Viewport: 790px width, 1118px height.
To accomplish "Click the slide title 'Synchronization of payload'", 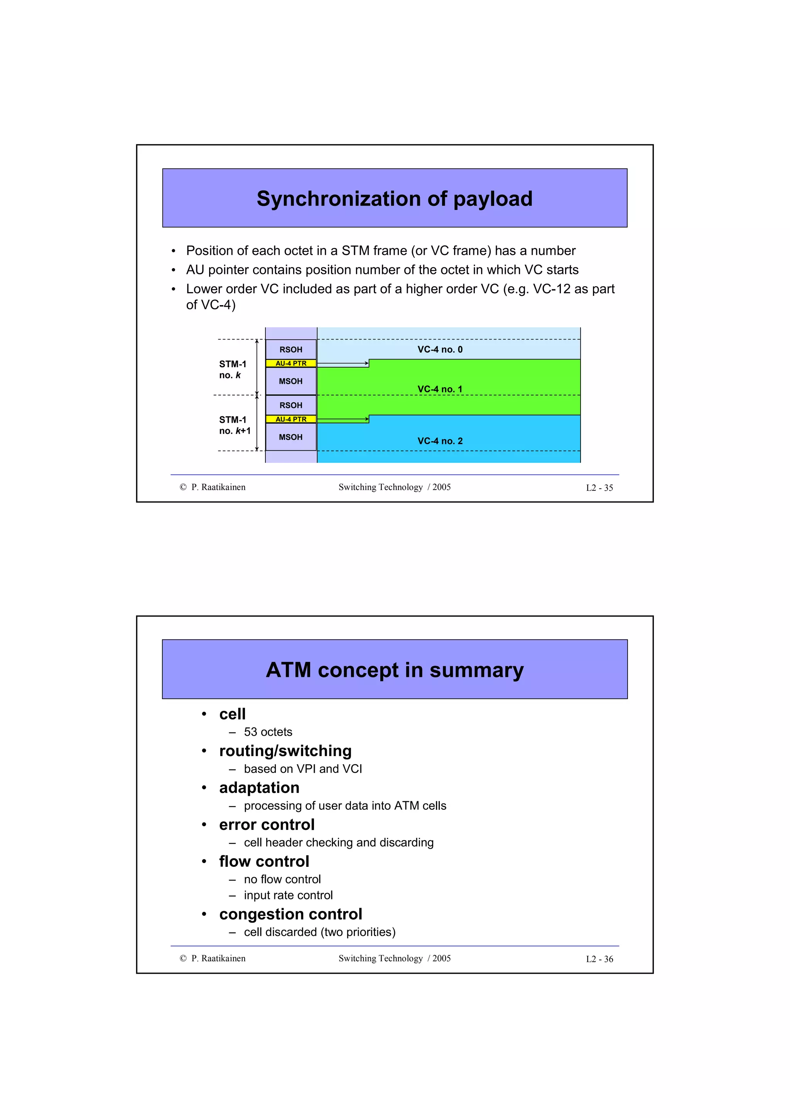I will click(394, 199).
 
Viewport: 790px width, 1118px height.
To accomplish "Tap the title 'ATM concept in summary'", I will click(394, 670).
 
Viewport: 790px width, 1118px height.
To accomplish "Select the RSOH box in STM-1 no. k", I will click(290, 350).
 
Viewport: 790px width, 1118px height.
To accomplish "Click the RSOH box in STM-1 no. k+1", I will click(290, 405).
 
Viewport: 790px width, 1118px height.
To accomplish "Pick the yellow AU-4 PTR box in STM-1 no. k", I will click(290, 363).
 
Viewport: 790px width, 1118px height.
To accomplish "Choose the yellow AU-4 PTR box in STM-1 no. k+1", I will click(290, 419).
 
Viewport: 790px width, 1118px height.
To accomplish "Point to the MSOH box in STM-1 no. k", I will click(290, 381).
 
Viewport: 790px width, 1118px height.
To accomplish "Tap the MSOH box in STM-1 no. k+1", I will click(290, 437).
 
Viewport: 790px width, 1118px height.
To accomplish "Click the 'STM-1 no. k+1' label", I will click(235, 425).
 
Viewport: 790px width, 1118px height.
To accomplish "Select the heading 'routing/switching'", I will click(285, 751).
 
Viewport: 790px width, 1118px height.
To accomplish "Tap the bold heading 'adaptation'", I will click(259, 788).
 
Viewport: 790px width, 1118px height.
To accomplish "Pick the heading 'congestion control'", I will click(290, 914).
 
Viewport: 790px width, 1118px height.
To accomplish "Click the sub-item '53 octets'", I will click(268, 732).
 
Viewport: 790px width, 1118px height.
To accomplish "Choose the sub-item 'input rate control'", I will click(288, 895).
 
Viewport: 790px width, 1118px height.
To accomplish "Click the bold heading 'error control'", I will click(267, 825).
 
